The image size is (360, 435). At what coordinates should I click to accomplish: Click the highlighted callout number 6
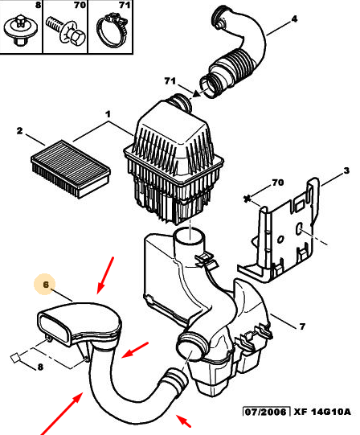click(x=46, y=285)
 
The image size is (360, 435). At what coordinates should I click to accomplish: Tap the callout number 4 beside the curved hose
click(x=294, y=18)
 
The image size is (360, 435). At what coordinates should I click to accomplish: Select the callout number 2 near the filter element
click(x=19, y=131)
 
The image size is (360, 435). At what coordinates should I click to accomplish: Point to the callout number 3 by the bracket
click(x=346, y=170)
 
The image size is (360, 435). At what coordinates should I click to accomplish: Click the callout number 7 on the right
click(x=302, y=326)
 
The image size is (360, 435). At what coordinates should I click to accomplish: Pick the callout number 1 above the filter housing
click(x=108, y=114)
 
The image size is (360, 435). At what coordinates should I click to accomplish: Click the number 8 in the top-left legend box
click(x=39, y=5)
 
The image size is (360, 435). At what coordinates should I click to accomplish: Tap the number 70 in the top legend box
click(x=80, y=5)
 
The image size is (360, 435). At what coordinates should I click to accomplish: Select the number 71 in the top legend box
click(x=125, y=5)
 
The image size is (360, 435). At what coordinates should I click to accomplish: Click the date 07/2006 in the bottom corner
click(x=266, y=412)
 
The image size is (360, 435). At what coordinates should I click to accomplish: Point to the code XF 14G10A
click(x=322, y=412)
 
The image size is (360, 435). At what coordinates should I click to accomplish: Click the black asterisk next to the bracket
click(x=247, y=199)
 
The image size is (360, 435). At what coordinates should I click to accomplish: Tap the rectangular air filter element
click(x=71, y=169)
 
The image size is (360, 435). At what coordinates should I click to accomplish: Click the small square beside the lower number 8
click(x=15, y=358)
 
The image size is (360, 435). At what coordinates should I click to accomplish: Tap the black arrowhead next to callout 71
click(x=196, y=94)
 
